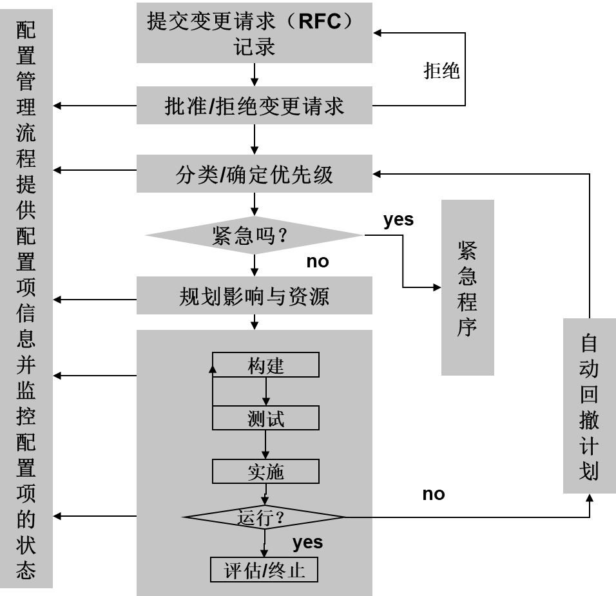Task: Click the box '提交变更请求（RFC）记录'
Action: click(254, 34)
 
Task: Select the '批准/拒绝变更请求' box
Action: click(254, 106)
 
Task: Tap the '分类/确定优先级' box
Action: click(254, 174)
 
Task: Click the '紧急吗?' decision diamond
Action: click(254, 235)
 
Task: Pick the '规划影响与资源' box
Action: click(254, 296)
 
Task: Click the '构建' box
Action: click(265, 365)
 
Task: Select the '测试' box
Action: click(265, 418)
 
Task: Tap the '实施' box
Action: click(265, 472)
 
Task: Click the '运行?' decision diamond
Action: click(264, 517)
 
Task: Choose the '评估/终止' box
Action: click(264, 570)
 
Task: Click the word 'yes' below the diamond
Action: click(307, 543)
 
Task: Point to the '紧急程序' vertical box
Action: click(467, 287)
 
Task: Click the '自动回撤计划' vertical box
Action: click(589, 406)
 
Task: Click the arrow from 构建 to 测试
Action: click(265, 391)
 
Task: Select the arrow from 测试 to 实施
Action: click(265, 445)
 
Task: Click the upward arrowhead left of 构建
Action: click(213, 369)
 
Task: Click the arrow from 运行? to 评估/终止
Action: click(264, 544)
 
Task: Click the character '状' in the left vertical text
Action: click(26, 544)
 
